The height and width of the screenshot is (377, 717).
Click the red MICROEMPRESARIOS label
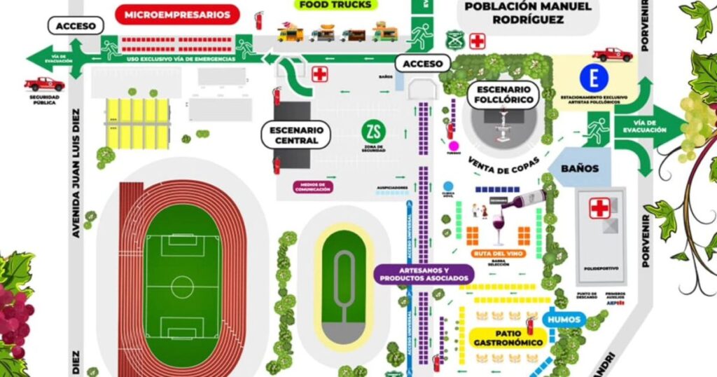[x=177, y=14]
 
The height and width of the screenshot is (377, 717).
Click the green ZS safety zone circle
[x=373, y=131]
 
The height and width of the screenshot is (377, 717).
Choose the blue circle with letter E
[x=594, y=77]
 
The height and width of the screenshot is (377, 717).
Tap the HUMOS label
[x=565, y=320]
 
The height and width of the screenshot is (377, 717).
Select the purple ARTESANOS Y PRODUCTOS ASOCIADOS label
[x=424, y=274]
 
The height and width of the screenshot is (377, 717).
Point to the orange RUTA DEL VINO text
[x=499, y=253]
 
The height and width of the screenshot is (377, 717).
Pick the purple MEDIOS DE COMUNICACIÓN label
[x=313, y=187]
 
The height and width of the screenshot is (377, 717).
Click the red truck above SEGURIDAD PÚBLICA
[x=44, y=84]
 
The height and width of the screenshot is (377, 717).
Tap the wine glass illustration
[x=499, y=228]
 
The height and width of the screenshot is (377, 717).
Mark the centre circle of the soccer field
[x=182, y=286]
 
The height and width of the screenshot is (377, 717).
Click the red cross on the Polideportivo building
[x=599, y=207]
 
